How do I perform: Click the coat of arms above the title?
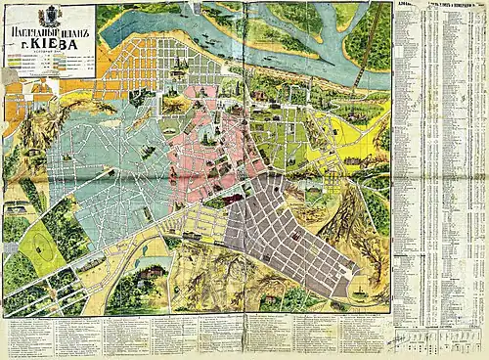coord(49,17)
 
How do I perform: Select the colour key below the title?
coord(49,69)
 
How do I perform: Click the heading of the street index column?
coord(440,8)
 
